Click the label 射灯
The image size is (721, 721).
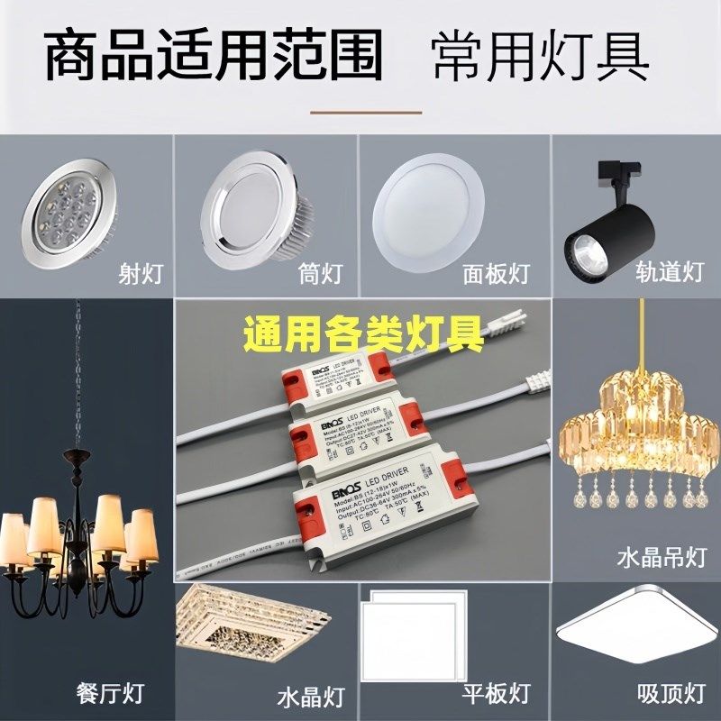click(141, 273)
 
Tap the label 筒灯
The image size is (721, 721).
click(321, 273)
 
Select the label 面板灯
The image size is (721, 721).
click(495, 273)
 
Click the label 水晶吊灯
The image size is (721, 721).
click(661, 557)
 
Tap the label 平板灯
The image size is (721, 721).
click(495, 694)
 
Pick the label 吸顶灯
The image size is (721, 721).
click(671, 694)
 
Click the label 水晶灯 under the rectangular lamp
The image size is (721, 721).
click(311, 696)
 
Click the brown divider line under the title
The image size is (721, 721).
click(366, 113)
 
